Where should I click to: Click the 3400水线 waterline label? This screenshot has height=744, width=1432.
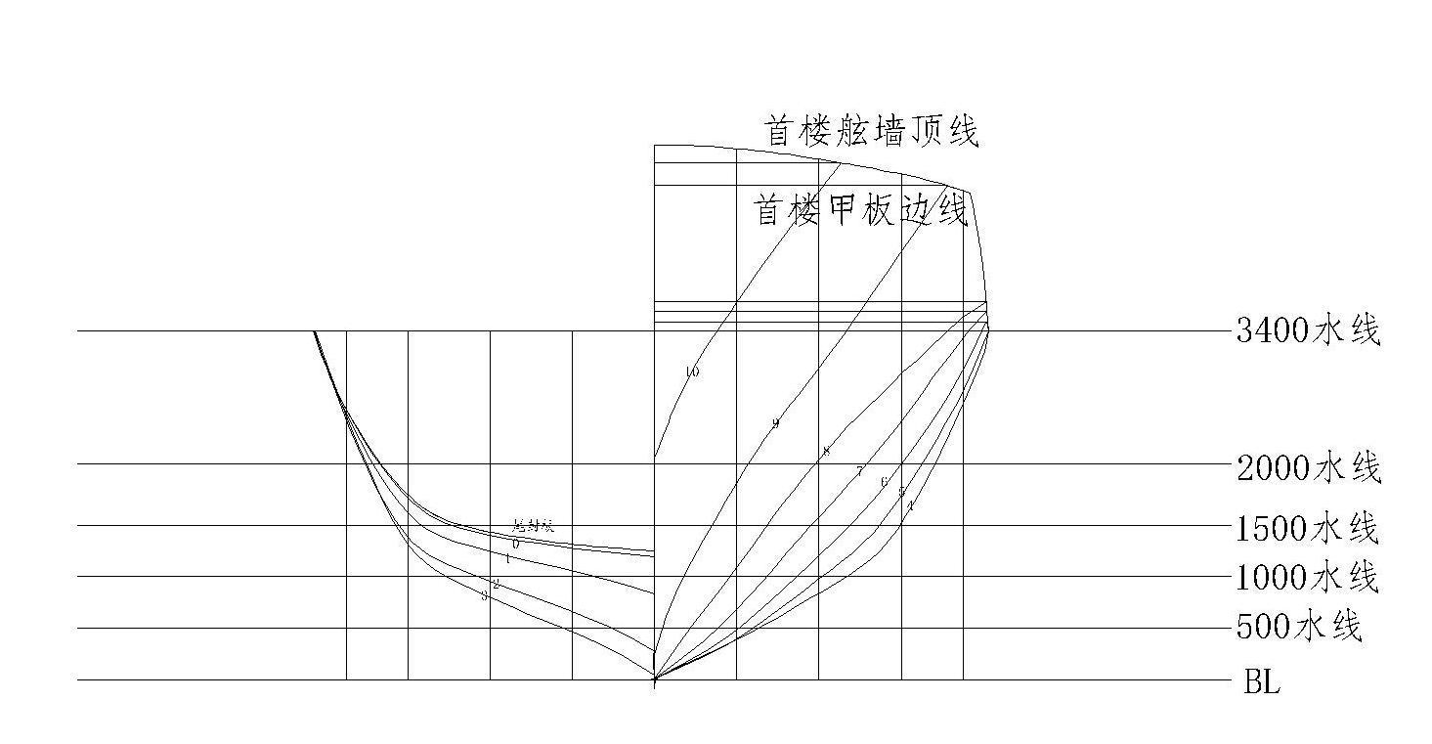click(x=1308, y=331)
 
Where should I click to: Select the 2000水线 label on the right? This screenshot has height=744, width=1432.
click(x=1308, y=468)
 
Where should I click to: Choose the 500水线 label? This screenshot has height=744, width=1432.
click(x=1299, y=626)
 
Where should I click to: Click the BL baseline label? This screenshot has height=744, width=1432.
click(x=1261, y=682)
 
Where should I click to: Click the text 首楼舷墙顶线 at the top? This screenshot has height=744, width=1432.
click(x=871, y=130)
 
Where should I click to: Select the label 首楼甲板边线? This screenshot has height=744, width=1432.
click(x=861, y=208)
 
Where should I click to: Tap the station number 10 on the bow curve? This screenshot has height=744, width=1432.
click(x=692, y=372)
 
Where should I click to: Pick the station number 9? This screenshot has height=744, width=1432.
click(x=775, y=423)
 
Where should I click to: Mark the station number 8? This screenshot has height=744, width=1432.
click(x=826, y=452)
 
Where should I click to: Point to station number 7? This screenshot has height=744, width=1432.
click(x=860, y=471)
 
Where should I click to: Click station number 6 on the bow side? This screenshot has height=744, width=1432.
click(x=884, y=482)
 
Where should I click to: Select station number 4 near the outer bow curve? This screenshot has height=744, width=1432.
click(x=910, y=505)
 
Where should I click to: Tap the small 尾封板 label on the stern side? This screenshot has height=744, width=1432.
click(x=534, y=526)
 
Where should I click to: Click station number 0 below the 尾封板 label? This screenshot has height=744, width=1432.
click(x=516, y=544)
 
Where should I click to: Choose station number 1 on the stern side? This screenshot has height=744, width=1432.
click(x=507, y=559)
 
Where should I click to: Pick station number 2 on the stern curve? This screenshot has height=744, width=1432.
click(x=496, y=585)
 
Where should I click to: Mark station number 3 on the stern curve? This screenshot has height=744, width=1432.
click(x=484, y=595)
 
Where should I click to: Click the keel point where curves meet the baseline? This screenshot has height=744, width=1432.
click(x=654, y=678)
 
